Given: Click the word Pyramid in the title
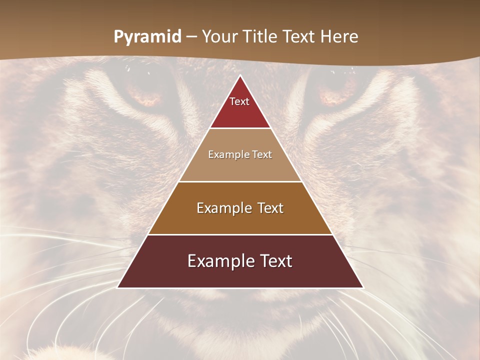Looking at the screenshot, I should [147, 36].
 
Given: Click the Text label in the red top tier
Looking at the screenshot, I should [239, 101].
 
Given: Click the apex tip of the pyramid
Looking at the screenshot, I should [240, 76].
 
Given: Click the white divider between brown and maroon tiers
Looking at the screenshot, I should [240, 234].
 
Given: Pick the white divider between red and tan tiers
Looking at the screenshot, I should [240, 128].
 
